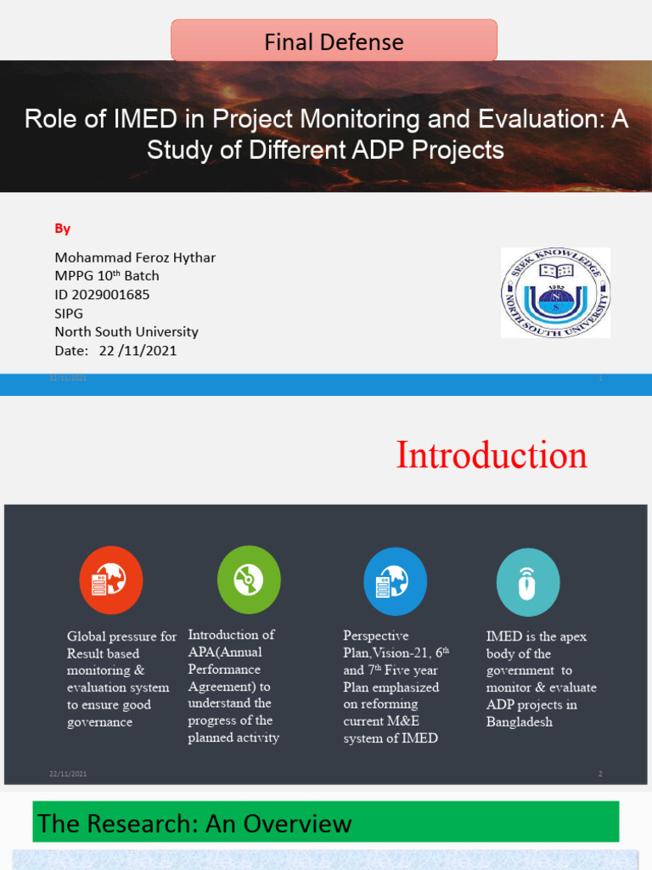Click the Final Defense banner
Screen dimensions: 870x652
334,42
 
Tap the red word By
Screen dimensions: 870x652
63,229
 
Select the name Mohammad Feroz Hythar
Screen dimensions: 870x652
135,257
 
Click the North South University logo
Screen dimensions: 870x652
555,292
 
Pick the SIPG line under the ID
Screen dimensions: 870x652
69,314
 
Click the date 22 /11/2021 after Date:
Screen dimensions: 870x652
138,350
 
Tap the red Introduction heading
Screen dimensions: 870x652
492,455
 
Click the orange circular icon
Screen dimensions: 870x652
111,580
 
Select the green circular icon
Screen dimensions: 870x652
249,580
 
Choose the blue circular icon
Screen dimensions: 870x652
395,581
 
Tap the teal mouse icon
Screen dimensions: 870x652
527,582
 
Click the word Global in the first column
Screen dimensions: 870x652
87,636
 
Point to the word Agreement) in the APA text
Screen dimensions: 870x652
223,686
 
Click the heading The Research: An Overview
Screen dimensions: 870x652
195,822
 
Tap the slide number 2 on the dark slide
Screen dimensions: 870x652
600,774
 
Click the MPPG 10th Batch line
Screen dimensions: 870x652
107,276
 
